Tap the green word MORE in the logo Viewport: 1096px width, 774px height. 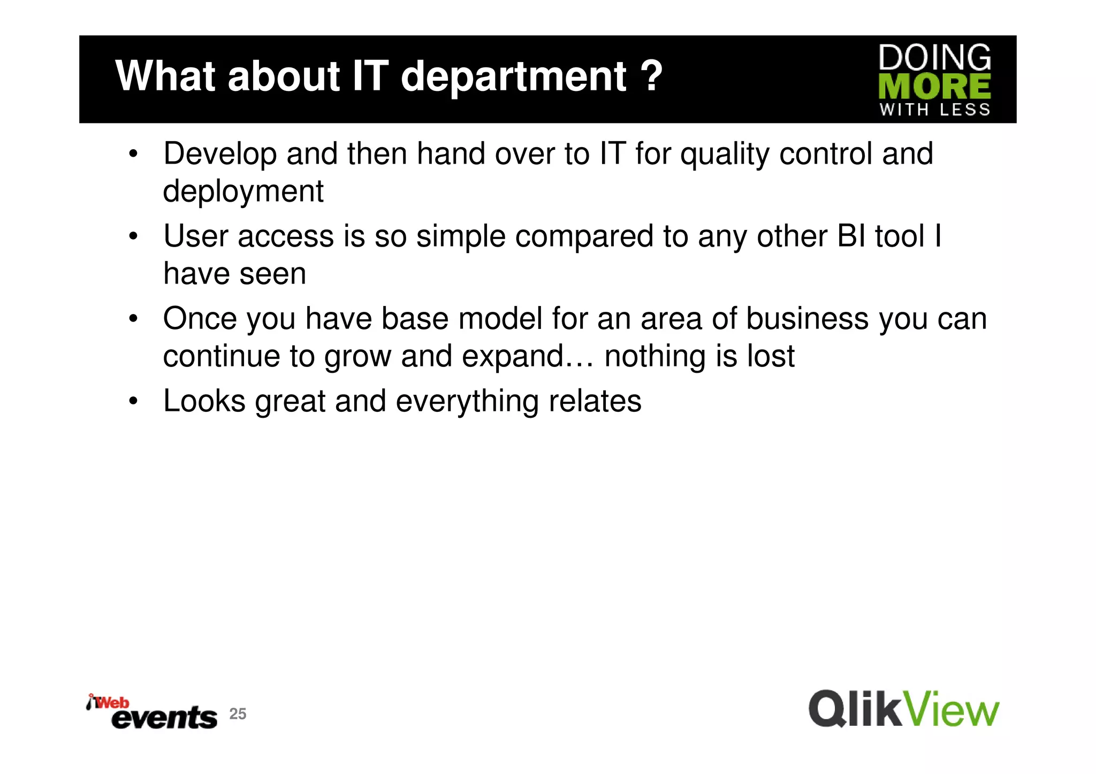coord(934,87)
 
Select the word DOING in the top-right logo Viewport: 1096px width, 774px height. coord(934,58)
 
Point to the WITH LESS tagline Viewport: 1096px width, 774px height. coord(934,110)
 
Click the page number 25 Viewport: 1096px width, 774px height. coord(238,714)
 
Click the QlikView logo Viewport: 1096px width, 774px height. coord(903,709)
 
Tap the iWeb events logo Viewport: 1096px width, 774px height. coord(152,712)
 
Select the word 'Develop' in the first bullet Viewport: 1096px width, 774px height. coord(220,155)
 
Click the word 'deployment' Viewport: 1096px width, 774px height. coord(243,192)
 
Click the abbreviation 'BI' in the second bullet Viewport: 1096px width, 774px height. coord(850,236)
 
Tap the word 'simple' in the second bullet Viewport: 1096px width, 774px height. coord(461,237)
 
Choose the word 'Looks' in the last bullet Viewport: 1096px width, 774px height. coord(204,401)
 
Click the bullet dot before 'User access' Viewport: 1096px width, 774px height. coord(133,236)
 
